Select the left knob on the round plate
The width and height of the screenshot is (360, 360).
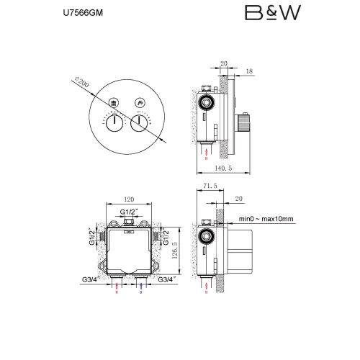coord(114,123)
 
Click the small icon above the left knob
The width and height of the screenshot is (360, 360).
coord(114,104)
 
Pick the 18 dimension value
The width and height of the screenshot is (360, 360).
coord(249,71)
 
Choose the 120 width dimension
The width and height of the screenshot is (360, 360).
coord(130,199)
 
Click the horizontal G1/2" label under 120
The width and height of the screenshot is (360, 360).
coord(130,212)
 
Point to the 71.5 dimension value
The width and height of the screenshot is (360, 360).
coord(210,185)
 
